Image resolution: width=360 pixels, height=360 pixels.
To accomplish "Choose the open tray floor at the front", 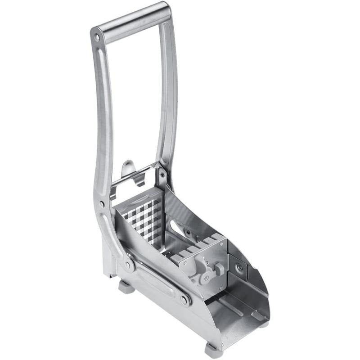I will click(238, 310).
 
